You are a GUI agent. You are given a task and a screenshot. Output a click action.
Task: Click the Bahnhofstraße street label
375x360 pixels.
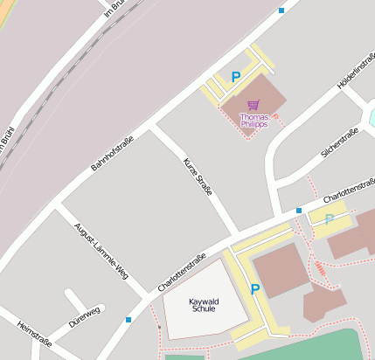113,154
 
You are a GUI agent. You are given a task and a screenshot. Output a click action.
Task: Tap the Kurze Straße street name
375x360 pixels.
198,176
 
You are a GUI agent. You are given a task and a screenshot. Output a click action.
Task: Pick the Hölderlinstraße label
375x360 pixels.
356,75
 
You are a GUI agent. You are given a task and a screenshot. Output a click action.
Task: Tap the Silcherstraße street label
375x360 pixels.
340,142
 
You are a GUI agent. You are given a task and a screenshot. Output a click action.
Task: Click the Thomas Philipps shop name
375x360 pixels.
253,121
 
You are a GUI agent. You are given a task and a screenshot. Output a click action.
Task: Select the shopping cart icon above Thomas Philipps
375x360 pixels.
253,105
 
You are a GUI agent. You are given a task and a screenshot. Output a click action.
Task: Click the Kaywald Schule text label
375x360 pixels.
204,305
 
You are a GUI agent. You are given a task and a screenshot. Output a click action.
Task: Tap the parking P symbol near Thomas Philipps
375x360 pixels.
235,77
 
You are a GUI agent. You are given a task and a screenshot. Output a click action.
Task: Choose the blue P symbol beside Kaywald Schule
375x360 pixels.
255,289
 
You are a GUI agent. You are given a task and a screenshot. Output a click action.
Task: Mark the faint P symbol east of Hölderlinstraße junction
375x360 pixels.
330,219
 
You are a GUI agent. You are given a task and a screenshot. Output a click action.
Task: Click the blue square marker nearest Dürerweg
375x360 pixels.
128,320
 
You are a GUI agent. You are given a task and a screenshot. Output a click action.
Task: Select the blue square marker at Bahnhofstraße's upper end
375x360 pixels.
281,10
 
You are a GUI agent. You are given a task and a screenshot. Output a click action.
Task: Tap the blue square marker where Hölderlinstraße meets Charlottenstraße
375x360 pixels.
299,211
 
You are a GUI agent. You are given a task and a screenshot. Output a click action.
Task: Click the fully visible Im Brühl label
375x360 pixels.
115,9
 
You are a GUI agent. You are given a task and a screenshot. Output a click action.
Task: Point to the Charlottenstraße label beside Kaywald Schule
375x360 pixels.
182,273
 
